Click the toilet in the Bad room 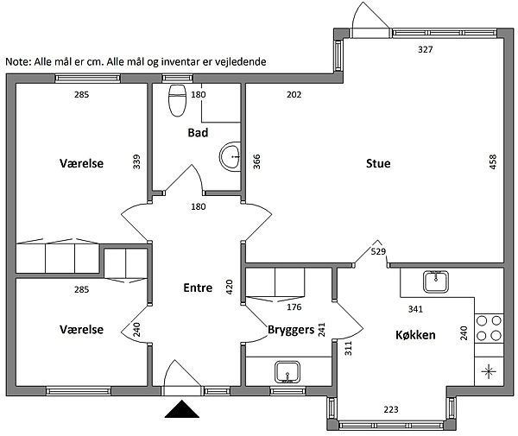point(177,100)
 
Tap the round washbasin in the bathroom point(231,157)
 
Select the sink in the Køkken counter point(436,281)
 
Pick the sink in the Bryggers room point(287,372)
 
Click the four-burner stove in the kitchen point(489,328)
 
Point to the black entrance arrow point(181,409)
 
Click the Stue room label point(378,163)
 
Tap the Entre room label point(198,288)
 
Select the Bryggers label point(291,330)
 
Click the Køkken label point(415,335)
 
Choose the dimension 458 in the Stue point(493,161)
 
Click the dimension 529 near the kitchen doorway point(378,252)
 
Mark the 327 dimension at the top point(425,49)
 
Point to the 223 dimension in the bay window point(391,409)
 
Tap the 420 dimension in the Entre point(230,287)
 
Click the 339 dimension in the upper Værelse point(136,161)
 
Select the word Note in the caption point(18,62)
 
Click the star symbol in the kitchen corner point(489,371)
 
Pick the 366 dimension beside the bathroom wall point(256,161)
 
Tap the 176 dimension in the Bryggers point(294,307)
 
